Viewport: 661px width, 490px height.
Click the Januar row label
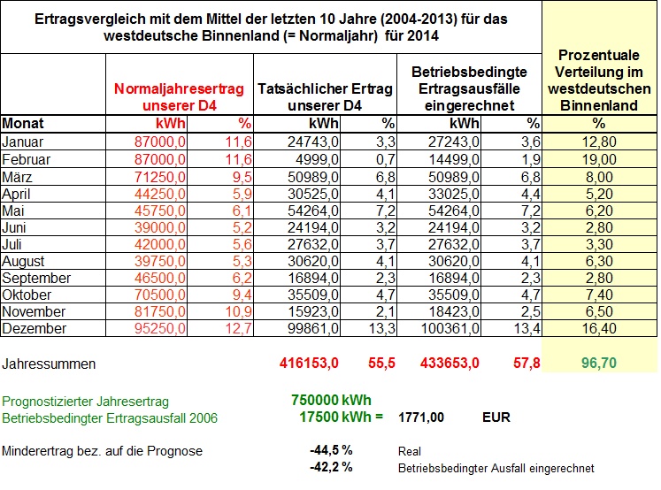[22, 142]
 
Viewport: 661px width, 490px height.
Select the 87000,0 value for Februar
[160, 160]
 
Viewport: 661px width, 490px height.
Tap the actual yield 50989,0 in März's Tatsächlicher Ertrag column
[312, 177]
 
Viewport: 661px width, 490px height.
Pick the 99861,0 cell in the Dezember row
[312, 328]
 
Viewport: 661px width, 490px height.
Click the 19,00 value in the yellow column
[599, 160]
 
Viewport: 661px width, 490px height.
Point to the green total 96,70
[599, 363]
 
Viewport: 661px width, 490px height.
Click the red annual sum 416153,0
[309, 363]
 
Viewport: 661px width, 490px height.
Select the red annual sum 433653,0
[450, 363]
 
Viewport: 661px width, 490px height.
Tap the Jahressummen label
[49, 364]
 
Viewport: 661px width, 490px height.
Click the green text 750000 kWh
[331, 400]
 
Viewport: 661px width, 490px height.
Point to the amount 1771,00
[421, 417]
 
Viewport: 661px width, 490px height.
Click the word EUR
[496, 417]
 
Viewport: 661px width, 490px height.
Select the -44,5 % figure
[331, 450]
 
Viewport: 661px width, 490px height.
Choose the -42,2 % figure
[331, 467]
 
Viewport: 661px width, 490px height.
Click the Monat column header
[23, 124]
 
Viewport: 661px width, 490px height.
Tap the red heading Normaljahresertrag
[179, 89]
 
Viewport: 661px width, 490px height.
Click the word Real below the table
[410, 452]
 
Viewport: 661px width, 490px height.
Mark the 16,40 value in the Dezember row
[599, 328]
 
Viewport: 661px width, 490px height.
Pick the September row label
[36, 278]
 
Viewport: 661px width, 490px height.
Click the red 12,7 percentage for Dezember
[238, 328]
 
